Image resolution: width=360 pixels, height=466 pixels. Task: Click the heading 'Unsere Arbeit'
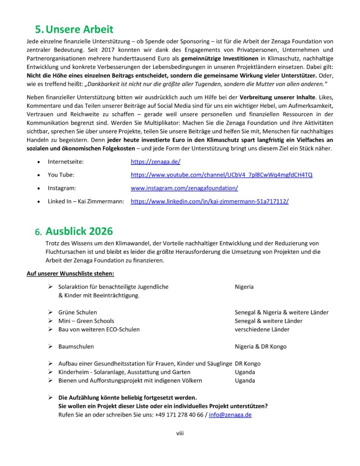pyautogui.click(x=80, y=30)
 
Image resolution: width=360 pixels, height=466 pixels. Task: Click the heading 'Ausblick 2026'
pyautogui.click(x=79, y=231)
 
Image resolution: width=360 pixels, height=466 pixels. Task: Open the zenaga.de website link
pyautogui.click(x=156, y=162)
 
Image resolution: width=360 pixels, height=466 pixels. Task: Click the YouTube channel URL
pyautogui.click(x=221, y=175)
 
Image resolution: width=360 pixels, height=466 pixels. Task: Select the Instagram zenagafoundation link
pyautogui.click(x=184, y=188)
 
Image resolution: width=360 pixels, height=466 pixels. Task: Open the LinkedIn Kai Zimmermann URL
pyautogui.click(x=209, y=201)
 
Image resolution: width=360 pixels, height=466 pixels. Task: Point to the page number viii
pyautogui.click(x=180, y=433)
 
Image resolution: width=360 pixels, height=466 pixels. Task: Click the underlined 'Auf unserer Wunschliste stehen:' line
pyautogui.click(x=71, y=274)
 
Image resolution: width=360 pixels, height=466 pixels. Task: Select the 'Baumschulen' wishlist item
pyautogui.click(x=76, y=347)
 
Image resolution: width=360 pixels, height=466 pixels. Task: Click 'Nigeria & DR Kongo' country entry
pyautogui.click(x=260, y=347)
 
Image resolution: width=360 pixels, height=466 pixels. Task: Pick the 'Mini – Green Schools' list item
pyautogui.click(x=86, y=321)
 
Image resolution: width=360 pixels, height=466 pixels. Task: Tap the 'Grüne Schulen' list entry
pyautogui.click(x=77, y=312)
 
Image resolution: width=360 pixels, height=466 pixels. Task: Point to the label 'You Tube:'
pyautogui.click(x=61, y=175)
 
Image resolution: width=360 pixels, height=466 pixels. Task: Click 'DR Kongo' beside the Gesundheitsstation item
pyautogui.click(x=248, y=364)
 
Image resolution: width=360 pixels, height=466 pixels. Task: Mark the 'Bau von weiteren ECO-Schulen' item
pyautogui.click(x=99, y=329)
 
